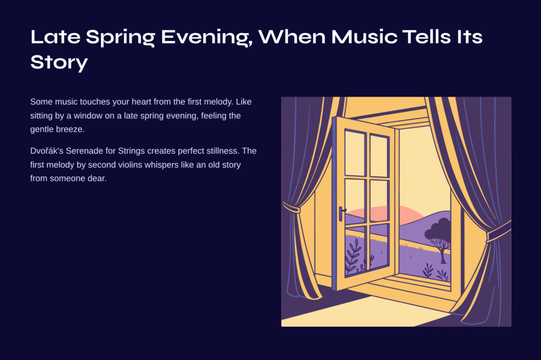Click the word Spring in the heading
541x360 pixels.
(x=120, y=37)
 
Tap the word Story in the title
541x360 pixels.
(x=59, y=62)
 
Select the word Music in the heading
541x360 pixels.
(x=364, y=36)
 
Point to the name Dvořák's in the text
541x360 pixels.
(x=46, y=150)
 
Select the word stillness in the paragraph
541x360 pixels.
(x=222, y=150)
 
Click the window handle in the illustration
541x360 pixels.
(x=342, y=214)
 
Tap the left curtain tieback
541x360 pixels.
(x=291, y=208)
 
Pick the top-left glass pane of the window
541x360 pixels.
(x=355, y=153)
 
